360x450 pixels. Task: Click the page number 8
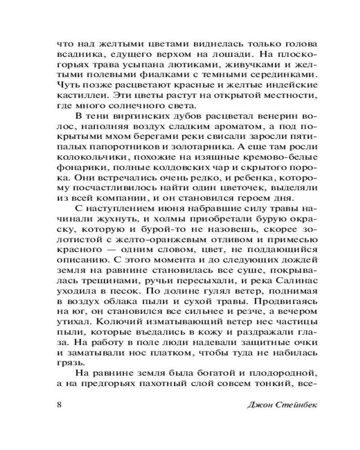tap(60, 404)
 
